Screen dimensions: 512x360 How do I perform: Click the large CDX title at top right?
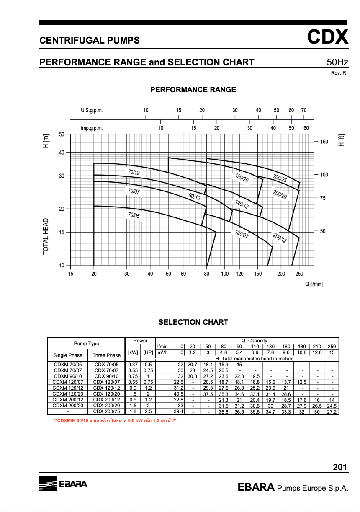click(x=327, y=37)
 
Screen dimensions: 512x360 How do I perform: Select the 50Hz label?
click(x=337, y=62)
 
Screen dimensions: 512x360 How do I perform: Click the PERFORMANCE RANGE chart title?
click(x=193, y=90)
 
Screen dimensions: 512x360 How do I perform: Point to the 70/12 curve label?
click(x=134, y=172)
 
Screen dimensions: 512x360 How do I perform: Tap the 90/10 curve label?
click(x=194, y=197)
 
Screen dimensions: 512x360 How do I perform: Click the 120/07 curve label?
click(x=242, y=234)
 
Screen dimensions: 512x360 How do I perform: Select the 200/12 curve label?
click(x=280, y=238)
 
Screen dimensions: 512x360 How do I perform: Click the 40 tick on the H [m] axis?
click(x=62, y=153)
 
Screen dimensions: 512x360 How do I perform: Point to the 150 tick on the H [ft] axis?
click(x=324, y=142)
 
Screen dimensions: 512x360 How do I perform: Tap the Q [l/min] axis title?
click(x=314, y=284)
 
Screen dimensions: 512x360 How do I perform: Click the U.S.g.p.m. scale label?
click(x=92, y=111)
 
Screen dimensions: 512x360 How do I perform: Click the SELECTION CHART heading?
click(x=193, y=322)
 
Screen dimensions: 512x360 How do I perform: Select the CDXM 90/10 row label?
click(x=68, y=376)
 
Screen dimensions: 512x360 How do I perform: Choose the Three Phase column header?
click(x=106, y=355)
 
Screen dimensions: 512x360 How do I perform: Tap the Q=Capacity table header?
click(x=254, y=341)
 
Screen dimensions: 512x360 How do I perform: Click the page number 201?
click(x=340, y=467)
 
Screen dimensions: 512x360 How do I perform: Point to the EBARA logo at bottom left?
click(x=63, y=484)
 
